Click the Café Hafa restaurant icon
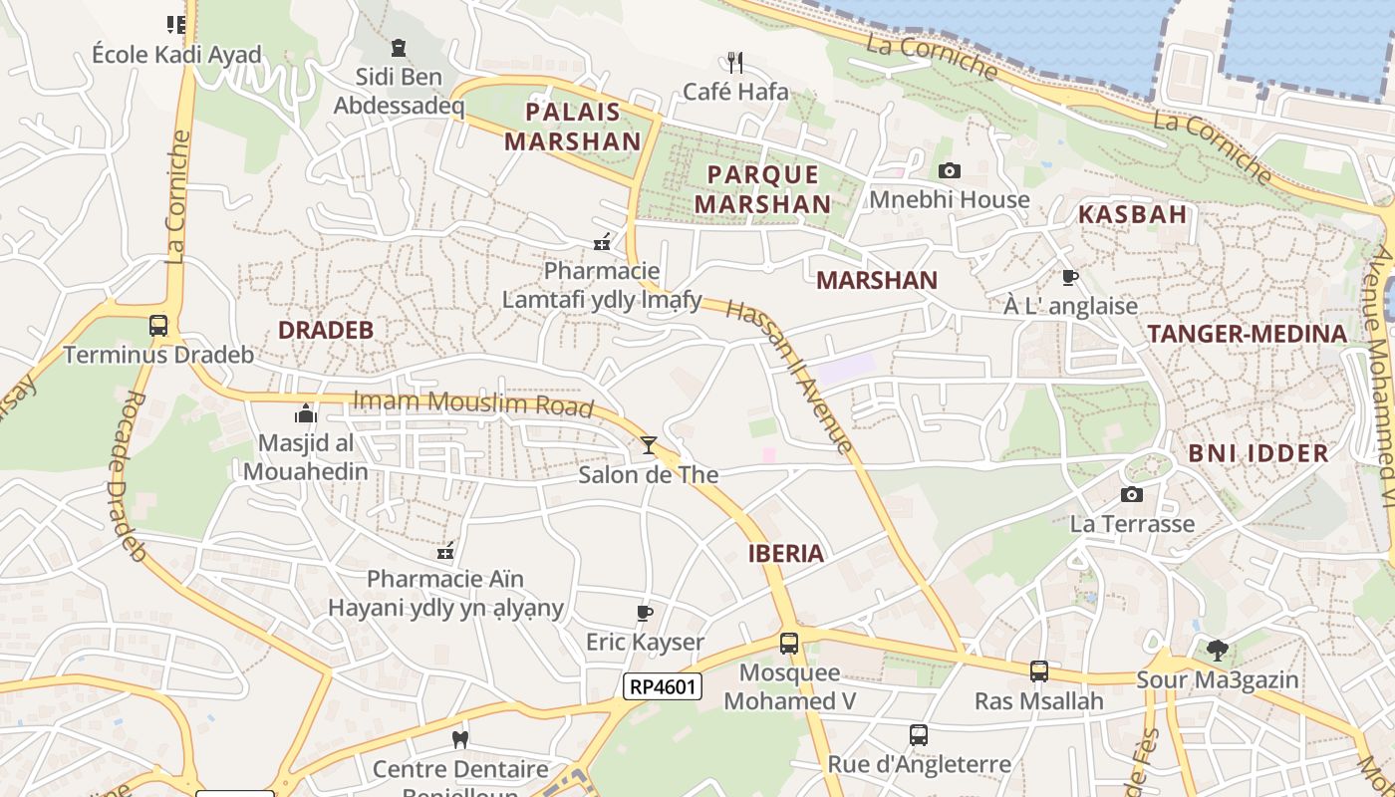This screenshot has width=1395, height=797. pos(735,63)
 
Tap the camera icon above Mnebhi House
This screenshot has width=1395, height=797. pos(950,171)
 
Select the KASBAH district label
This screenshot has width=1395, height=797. pos(1133,214)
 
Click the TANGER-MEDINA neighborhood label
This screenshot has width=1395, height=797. pos(1247,334)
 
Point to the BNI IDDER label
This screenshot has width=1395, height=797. pos(1258,453)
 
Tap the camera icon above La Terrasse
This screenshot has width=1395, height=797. pos(1132,494)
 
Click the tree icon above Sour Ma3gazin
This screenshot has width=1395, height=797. pos(1217,651)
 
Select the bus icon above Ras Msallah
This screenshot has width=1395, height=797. pos(1039,671)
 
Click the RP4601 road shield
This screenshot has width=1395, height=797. pos(663,686)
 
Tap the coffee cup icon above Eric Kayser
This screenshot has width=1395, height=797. pos(645,613)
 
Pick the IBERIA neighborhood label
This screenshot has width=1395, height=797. pos(786,554)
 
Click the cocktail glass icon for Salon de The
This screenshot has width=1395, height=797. pos(649,445)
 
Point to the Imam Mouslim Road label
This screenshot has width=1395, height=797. pos(473,403)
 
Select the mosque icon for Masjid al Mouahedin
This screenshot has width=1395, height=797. pos(306,413)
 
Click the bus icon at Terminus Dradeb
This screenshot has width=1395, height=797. pos(158,326)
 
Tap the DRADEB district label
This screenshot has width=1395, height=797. pos(325,331)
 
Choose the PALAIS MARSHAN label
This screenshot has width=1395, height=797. pos(573,127)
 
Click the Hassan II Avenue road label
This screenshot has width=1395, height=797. pos(789,376)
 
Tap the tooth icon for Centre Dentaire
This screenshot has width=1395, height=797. pos(460,739)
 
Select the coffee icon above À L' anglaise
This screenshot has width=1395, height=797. pos(1070,277)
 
